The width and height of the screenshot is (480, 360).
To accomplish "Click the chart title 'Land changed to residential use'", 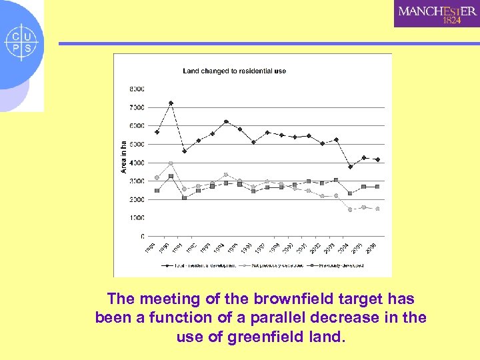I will (235, 71).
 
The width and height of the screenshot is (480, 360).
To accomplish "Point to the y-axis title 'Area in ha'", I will (123, 157).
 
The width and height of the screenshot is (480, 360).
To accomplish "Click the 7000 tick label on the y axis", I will (137, 107).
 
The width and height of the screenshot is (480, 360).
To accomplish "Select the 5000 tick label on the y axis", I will (137, 144).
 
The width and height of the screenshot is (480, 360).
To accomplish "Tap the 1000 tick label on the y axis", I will (137, 218).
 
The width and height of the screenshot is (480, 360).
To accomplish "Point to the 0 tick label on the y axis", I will (142, 236).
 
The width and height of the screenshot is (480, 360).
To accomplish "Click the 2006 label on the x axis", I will (371, 247).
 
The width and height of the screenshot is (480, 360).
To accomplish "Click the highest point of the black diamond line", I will (171, 103).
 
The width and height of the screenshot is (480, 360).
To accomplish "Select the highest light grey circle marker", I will (171, 163).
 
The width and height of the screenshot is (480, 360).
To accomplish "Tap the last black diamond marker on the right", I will (377, 159).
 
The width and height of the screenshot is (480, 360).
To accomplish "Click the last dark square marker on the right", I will (377, 187).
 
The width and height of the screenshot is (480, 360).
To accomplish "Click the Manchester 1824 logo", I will (437, 14).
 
